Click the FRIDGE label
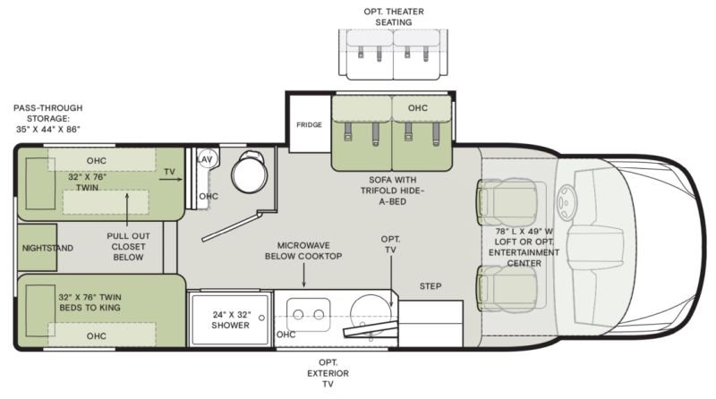(309, 124)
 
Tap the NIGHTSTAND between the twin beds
(38, 248)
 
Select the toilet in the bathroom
(250, 172)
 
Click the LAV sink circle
(207, 159)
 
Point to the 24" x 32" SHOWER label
(231, 319)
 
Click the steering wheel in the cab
(567, 202)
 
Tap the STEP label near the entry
(430, 286)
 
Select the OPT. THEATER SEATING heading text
(394, 16)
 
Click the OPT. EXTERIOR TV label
(328, 373)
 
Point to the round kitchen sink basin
(371, 314)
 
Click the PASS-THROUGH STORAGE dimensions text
(48, 118)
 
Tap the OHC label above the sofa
(418, 108)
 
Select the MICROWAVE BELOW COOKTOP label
(303, 250)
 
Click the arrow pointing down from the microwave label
(303, 276)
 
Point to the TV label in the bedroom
(169, 172)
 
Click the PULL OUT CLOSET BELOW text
(128, 247)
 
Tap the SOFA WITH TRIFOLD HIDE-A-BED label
(393, 191)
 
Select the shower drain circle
(261, 318)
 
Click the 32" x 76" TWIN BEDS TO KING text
(90, 302)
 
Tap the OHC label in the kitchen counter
(286, 335)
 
